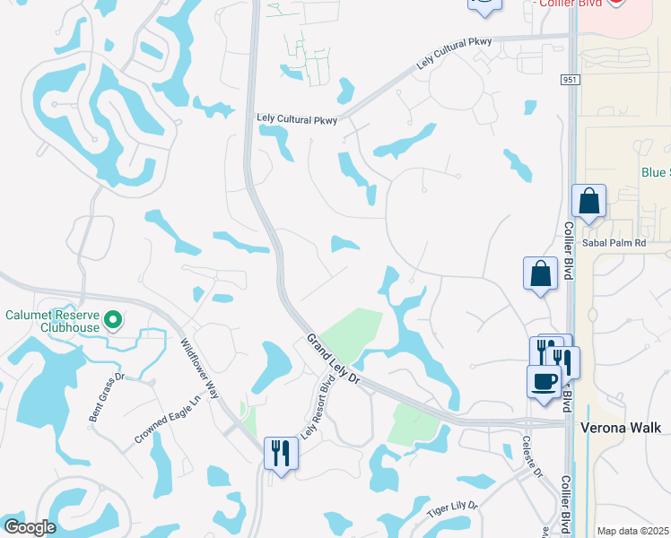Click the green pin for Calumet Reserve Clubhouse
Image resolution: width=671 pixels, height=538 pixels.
(113, 319)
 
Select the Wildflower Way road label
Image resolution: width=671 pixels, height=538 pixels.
(199, 369)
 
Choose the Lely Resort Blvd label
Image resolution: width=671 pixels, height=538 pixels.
(311, 409)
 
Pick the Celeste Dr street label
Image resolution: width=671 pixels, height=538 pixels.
(529, 457)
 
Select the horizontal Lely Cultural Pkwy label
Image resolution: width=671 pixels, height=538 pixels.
(296, 119)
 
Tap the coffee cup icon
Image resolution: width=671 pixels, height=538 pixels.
(544, 380)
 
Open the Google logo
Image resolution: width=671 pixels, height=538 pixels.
(30, 527)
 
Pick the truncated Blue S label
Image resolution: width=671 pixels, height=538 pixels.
(655, 172)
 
